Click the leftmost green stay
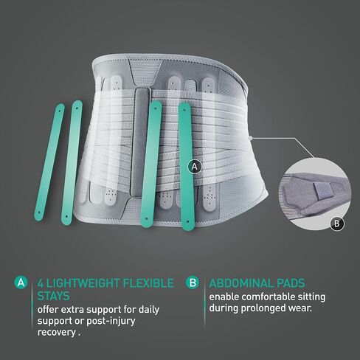[x=49, y=162]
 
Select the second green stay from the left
[x=72, y=163]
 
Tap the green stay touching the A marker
[x=186, y=167]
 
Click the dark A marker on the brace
[x=195, y=167]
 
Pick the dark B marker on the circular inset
[x=337, y=224]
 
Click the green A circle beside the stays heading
[x=21, y=283]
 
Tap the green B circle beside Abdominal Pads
[x=193, y=283]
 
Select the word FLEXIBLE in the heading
[x=148, y=283]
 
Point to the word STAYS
[x=54, y=296]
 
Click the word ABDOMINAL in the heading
[x=241, y=283]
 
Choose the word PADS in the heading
[x=291, y=283]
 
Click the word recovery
[x=57, y=333]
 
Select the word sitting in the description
[x=311, y=297]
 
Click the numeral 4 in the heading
[x=41, y=283]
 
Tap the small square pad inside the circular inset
[x=323, y=190]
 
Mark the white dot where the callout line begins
[x=250, y=139]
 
